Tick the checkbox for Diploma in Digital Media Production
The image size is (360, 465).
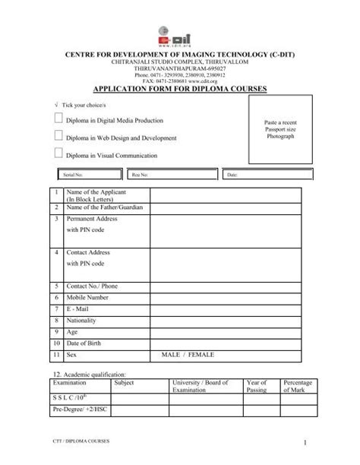tap(59, 121)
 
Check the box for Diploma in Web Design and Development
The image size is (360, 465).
tap(59, 138)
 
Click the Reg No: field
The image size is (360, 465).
tap(175, 176)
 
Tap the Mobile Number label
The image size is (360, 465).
tap(91, 299)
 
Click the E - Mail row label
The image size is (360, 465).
tap(80, 310)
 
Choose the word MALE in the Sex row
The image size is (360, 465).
tap(172, 355)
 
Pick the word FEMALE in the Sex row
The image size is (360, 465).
tap(202, 355)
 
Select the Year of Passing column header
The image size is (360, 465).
tap(257, 387)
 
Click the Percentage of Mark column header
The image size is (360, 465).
tap(297, 387)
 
